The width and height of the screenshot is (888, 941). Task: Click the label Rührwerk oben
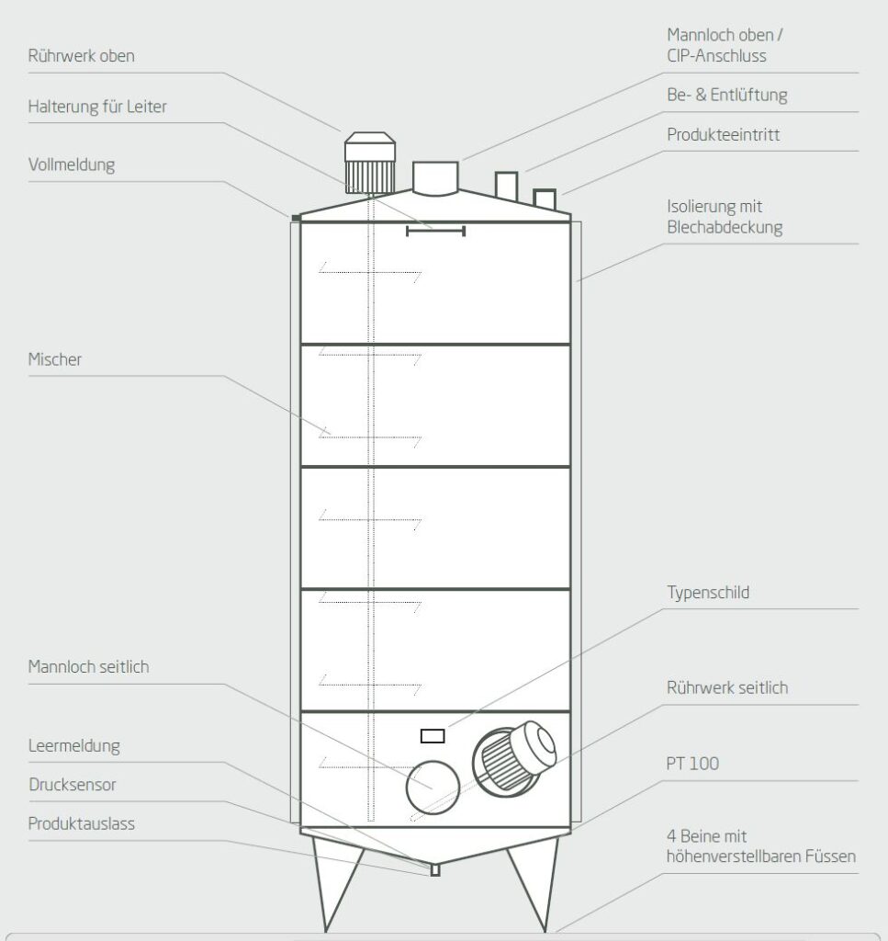[x=81, y=56]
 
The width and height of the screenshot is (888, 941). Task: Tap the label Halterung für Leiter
[x=97, y=108]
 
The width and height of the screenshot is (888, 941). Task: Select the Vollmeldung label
[x=72, y=166]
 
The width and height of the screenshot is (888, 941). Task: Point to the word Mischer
[x=54, y=359]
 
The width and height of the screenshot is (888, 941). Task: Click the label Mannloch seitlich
[x=88, y=667]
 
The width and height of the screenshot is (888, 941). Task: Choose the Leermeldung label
[x=73, y=745]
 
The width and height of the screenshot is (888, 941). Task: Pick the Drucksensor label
[x=73, y=785]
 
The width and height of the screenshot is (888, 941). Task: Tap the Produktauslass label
[x=81, y=823]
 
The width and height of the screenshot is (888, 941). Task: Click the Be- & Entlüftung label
[x=726, y=96]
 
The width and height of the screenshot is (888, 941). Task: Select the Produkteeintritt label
[x=724, y=135]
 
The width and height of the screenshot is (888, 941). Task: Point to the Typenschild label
[x=708, y=593]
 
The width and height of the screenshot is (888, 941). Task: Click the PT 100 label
[x=692, y=764]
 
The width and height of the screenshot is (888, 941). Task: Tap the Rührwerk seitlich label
[x=727, y=687]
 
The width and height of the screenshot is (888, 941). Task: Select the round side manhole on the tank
[x=433, y=788]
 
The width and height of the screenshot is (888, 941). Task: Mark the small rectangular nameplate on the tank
[x=433, y=735]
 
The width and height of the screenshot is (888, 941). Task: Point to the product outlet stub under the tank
[x=435, y=869]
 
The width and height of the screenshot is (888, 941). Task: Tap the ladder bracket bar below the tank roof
[x=435, y=231]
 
